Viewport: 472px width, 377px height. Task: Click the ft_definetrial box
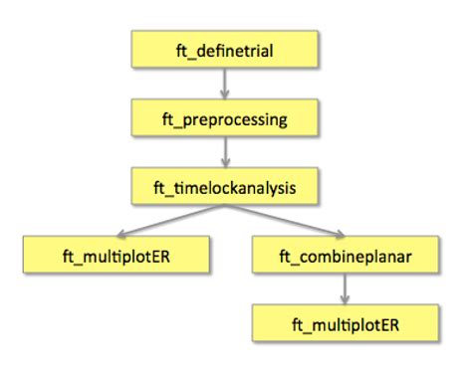coord(225,49)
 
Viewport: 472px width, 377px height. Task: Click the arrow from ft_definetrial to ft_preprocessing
coord(225,84)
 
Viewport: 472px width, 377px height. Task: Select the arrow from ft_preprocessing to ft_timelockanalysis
coord(225,152)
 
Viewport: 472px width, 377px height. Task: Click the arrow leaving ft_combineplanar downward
coord(345,289)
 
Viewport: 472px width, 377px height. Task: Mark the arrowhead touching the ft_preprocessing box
coord(225,95)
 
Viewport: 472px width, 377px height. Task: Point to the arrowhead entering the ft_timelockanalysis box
coord(225,163)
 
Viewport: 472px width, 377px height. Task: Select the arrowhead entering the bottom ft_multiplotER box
coord(345,300)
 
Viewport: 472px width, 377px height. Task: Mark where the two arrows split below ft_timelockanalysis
coord(226,207)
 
